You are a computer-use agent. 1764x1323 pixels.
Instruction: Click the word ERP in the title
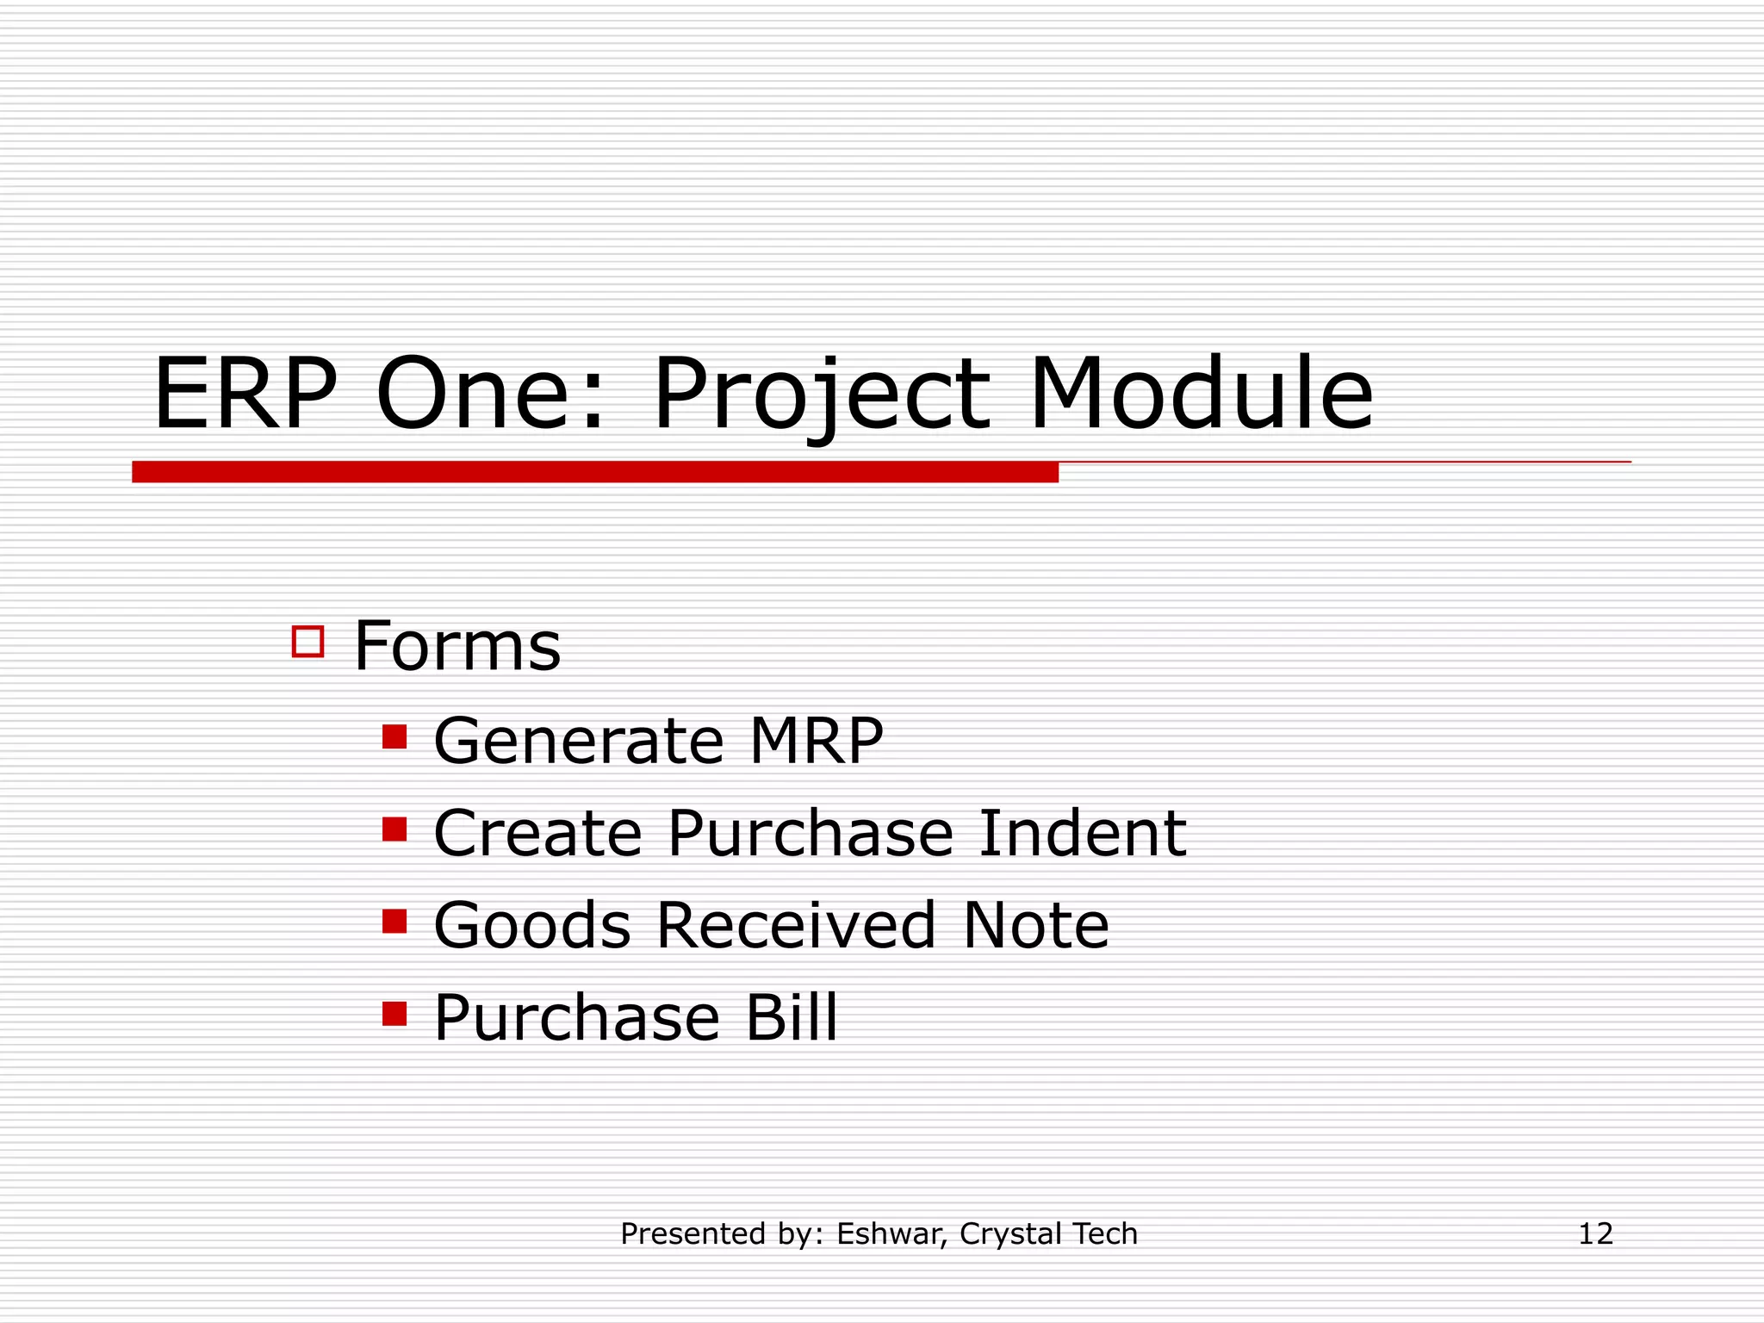click(x=245, y=394)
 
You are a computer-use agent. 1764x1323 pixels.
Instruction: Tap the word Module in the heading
click(x=1201, y=394)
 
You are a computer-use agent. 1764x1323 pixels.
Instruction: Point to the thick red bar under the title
click(x=594, y=472)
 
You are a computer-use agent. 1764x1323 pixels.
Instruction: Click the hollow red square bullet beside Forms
click(x=307, y=642)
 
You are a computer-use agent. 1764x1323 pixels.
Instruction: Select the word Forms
click(x=457, y=646)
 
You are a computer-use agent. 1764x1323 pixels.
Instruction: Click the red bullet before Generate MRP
click(x=394, y=736)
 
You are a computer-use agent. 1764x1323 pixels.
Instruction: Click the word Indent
click(x=1083, y=833)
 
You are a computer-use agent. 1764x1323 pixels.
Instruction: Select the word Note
click(x=1035, y=925)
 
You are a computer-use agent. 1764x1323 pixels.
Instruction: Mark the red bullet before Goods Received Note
click(x=394, y=921)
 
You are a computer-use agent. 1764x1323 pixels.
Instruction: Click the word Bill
click(x=791, y=1017)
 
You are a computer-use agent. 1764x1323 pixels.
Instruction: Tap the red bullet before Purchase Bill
click(x=394, y=1013)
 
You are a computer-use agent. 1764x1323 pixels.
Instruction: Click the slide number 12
click(x=1595, y=1233)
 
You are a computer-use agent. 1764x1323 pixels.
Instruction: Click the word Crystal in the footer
click(x=999, y=1234)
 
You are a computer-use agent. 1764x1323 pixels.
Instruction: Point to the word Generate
click(x=578, y=741)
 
